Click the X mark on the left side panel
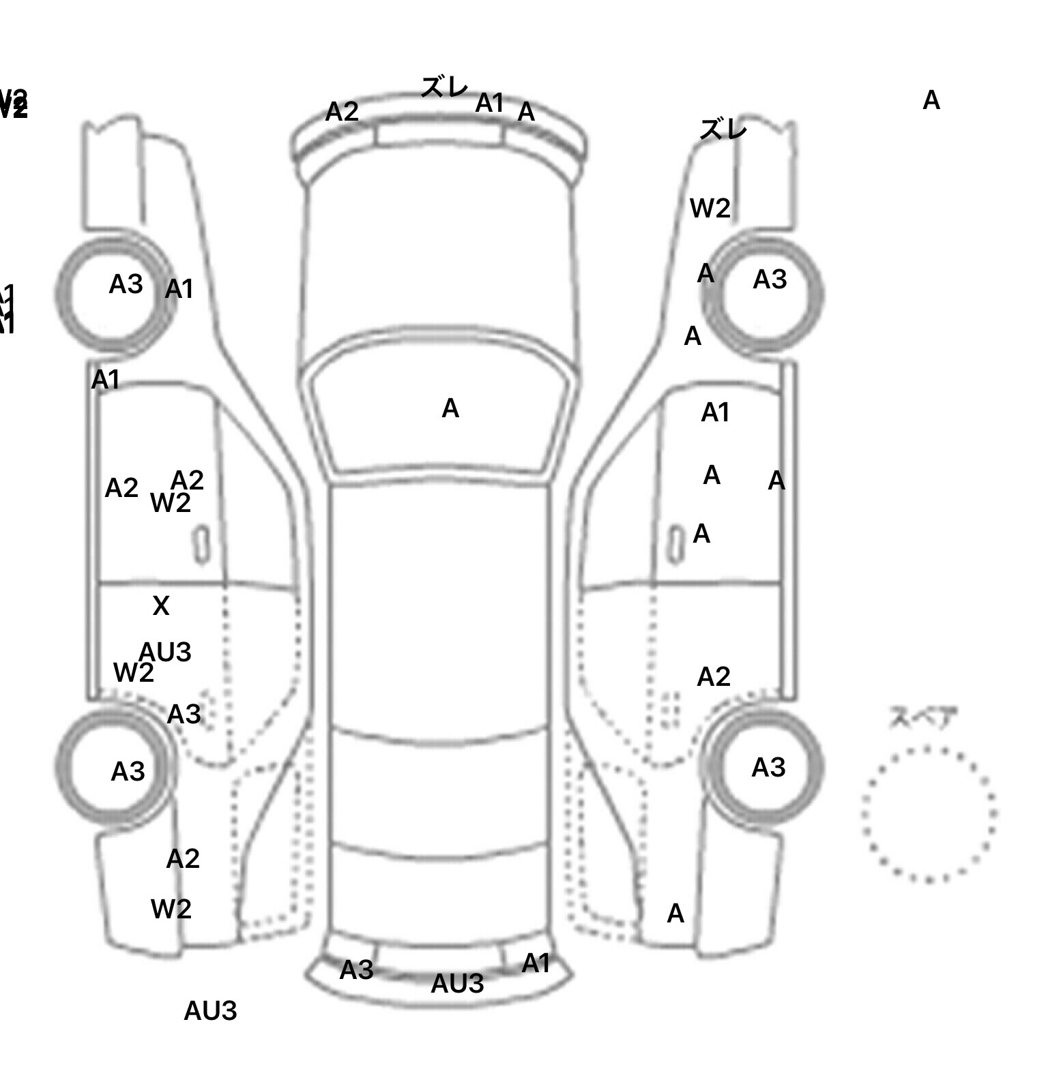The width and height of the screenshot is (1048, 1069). [x=161, y=605]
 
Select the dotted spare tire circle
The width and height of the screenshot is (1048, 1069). [x=929, y=814]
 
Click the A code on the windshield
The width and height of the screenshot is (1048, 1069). [x=450, y=408]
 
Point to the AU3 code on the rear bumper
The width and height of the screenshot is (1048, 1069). [x=457, y=983]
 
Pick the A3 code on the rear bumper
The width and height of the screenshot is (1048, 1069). [x=356, y=969]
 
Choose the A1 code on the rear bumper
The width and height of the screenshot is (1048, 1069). [x=536, y=963]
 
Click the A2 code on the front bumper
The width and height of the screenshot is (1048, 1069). [x=342, y=111]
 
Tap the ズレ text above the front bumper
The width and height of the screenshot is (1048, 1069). [x=444, y=87]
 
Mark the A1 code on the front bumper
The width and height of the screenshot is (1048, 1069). [x=489, y=103]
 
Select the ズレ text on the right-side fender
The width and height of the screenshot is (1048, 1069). [x=723, y=129]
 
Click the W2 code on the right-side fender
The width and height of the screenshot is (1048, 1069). [x=710, y=208]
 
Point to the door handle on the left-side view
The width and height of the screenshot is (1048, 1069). [x=201, y=545]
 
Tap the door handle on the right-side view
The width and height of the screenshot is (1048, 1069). [x=675, y=544]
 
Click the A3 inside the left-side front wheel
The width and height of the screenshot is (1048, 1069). [x=126, y=284]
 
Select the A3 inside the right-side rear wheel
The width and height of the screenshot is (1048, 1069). [x=768, y=768]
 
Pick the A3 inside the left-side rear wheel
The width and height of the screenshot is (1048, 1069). [x=128, y=772]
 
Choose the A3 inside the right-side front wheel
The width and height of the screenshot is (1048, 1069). [x=770, y=280]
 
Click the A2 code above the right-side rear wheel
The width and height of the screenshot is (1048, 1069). [x=714, y=677]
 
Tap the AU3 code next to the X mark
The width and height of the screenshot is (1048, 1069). [x=165, y=652]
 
